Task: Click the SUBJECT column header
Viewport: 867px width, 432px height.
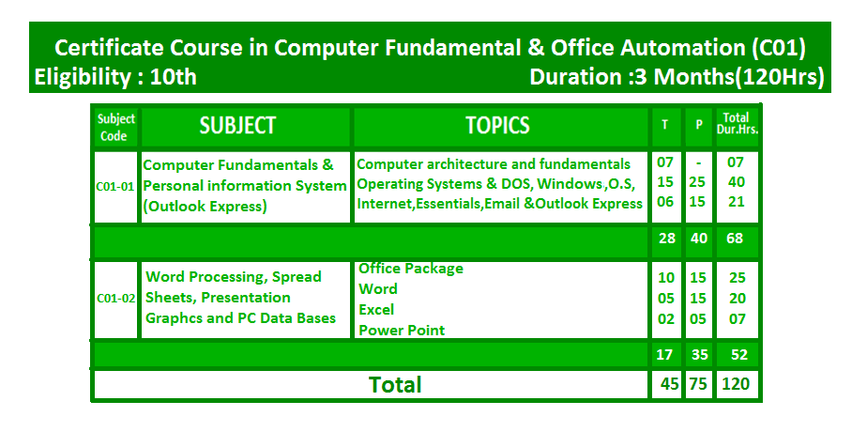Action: pos(237,126)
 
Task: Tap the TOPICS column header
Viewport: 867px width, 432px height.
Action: pos(497,126)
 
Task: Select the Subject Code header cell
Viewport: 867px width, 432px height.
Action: pos(116,127)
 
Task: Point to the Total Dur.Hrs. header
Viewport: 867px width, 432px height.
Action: pos(737,125)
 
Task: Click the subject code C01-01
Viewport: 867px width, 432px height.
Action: pos(115,186)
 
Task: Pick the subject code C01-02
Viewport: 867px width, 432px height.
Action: pos(116,299)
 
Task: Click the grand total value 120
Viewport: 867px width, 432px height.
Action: pos(736,384)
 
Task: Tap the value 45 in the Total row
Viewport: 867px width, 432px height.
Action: pos(669,384)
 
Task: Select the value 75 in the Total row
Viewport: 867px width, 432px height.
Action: pos(698,384)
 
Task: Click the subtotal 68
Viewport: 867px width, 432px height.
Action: pos(735,239)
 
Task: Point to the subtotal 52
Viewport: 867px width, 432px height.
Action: pos(739,355)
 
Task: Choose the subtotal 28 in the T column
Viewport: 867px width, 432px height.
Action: pos(667,239)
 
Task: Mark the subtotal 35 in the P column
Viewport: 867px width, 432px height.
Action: pos(699,355)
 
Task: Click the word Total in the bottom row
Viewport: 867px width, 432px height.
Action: pos(395,384)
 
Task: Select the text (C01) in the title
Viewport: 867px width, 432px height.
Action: pos(778,48)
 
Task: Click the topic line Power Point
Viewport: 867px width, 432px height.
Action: pos(402,331)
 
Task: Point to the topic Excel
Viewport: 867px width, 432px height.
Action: pos(376,310)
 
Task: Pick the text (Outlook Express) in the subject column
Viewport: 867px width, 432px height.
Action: pos(205,207)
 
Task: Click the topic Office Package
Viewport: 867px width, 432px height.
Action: pos(411,269)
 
